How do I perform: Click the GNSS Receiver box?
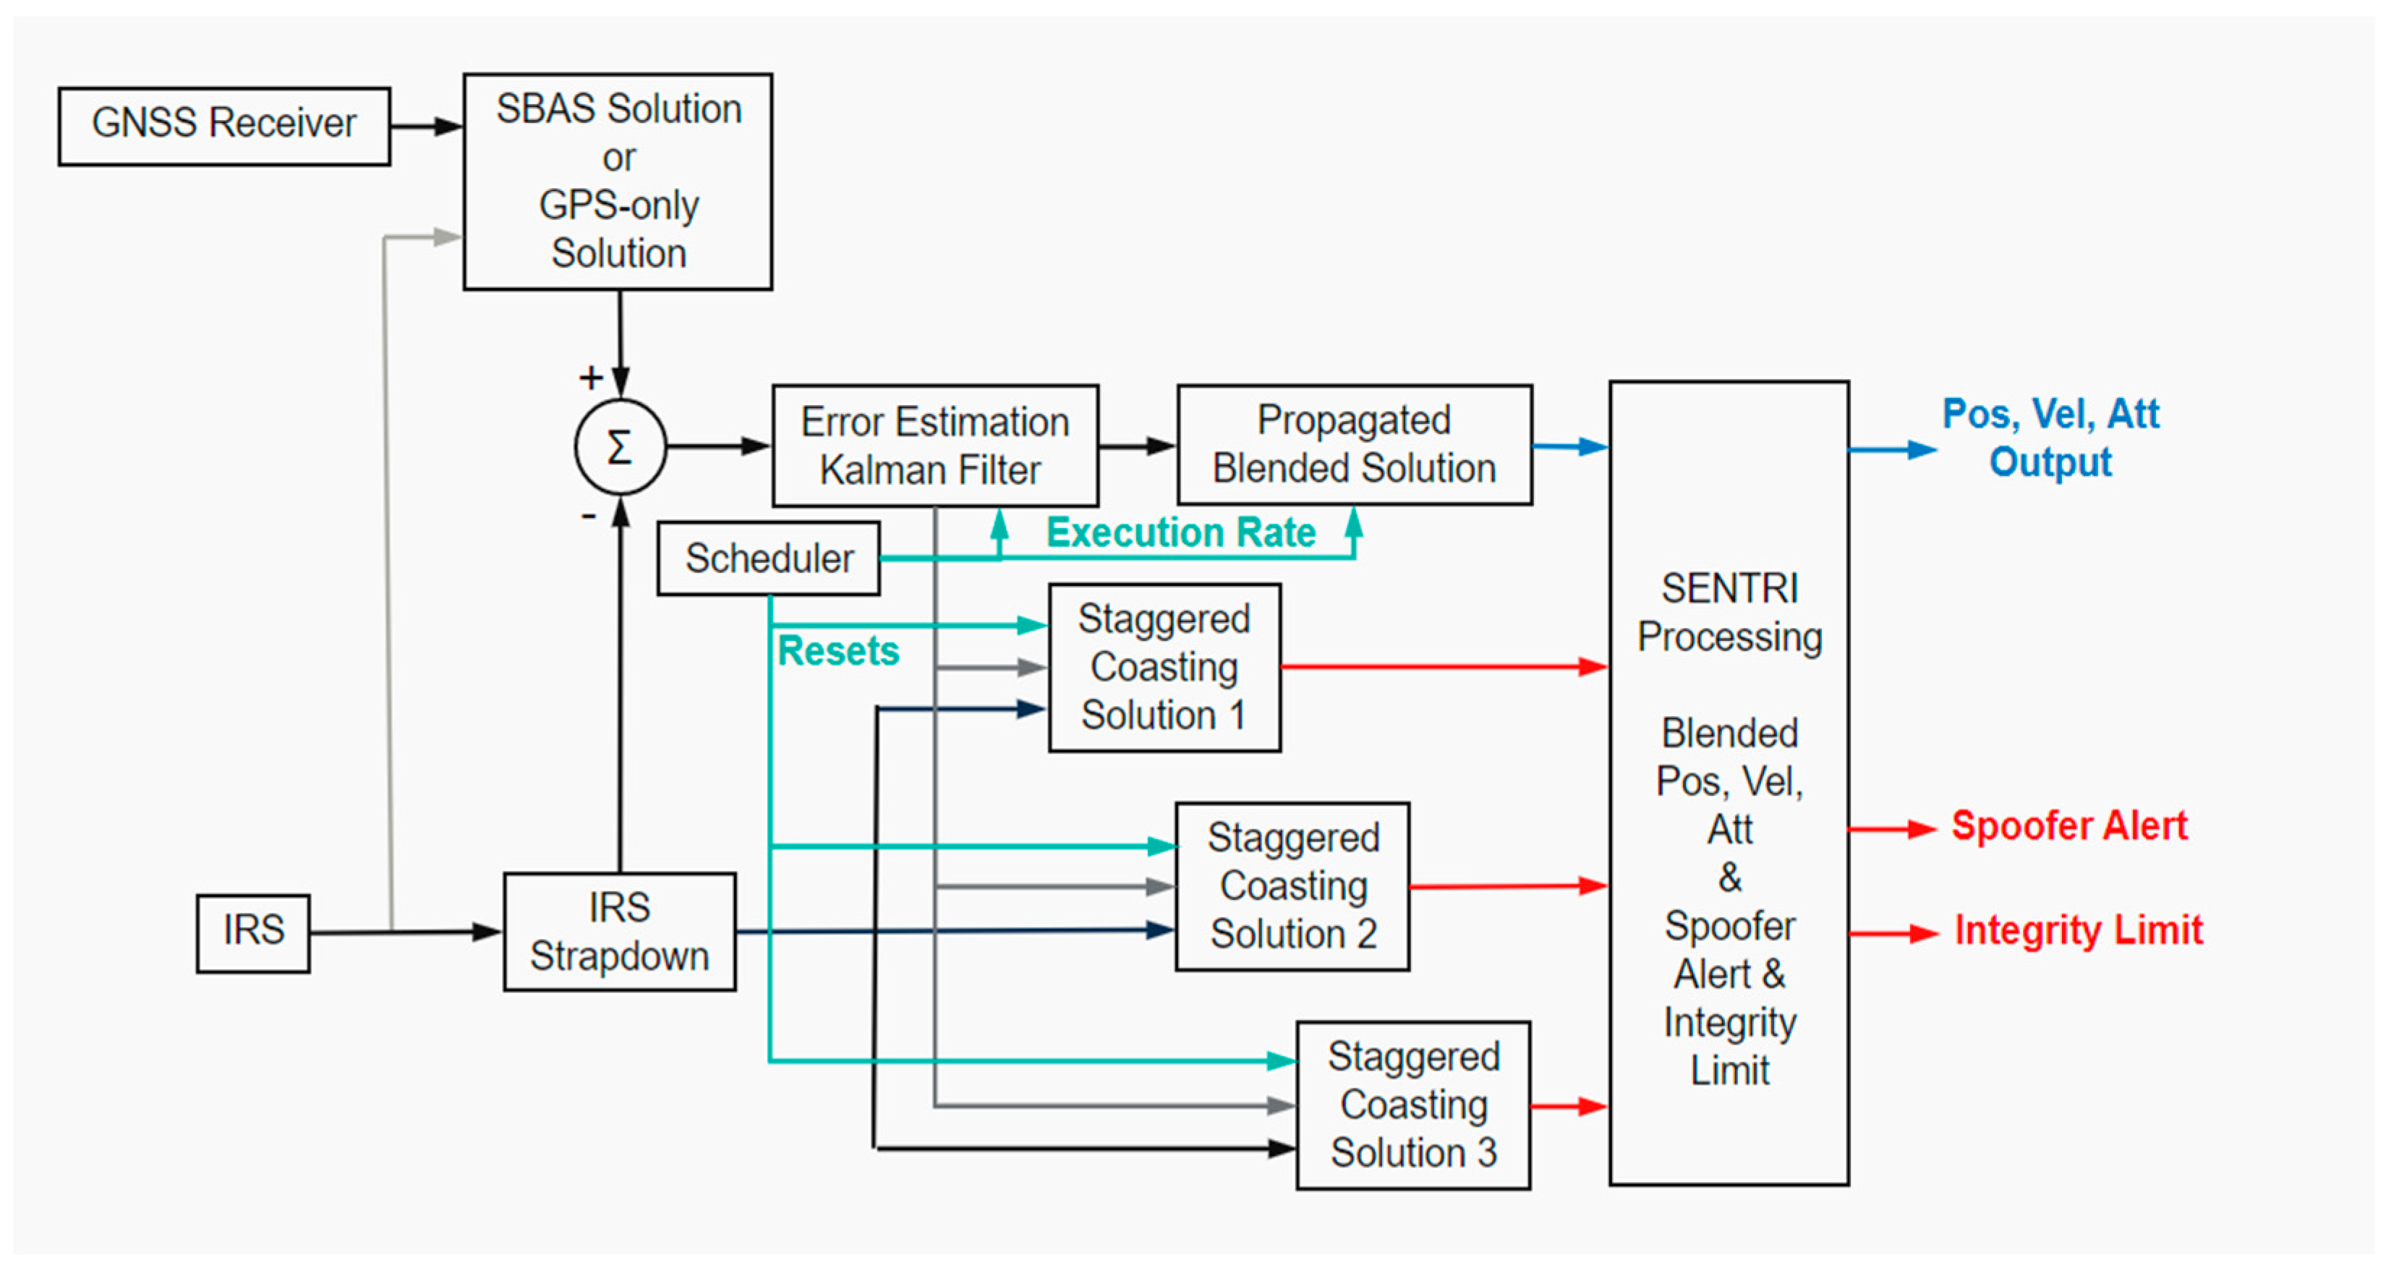point(223,126)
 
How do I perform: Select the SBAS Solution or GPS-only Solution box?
point(618,182)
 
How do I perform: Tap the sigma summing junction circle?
point(621,447)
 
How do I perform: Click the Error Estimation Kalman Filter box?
point(934,446)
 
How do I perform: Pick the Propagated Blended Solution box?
point(1354,445)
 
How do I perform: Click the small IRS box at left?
point(252,932)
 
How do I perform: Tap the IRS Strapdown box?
point(619,932)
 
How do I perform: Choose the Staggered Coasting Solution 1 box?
point(1164,667)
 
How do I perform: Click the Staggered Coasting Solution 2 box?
point(1292,885)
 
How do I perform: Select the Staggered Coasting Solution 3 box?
point(1412,1105)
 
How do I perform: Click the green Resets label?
point(838,651)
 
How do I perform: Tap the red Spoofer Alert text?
point(2068,826)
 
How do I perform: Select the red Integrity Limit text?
point(2078,930)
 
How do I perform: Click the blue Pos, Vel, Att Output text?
point(2050,438)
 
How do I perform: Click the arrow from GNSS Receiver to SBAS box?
point(427,127)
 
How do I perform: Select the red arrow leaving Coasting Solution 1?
point(1444,667)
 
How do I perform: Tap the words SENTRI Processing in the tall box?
point(1729,613)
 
